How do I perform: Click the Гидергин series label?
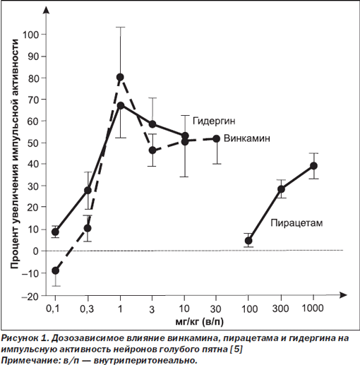[x=214, y=121]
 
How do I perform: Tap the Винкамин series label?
[x=247, y=138]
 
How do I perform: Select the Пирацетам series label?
[x=296, y=223]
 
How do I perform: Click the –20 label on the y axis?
[x=30, y=297]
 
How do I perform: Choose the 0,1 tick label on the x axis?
[x=53, y=309]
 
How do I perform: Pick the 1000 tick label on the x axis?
[x=313, y=309]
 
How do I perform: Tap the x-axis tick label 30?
[x=215, y=309]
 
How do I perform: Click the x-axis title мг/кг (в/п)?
[x=200, y=322]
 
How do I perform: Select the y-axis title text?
[x=15, y=154]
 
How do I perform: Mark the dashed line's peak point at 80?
[x=120, y=77]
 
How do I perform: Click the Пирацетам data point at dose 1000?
[x=313, y=166]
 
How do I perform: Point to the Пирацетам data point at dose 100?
[x=248, y=241]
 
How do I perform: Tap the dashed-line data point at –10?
[x=55, y=270]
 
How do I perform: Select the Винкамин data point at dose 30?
[x=217, y=139]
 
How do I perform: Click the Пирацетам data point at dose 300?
[x=281, y=189]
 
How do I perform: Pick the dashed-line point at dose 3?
[x=152, y=150]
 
